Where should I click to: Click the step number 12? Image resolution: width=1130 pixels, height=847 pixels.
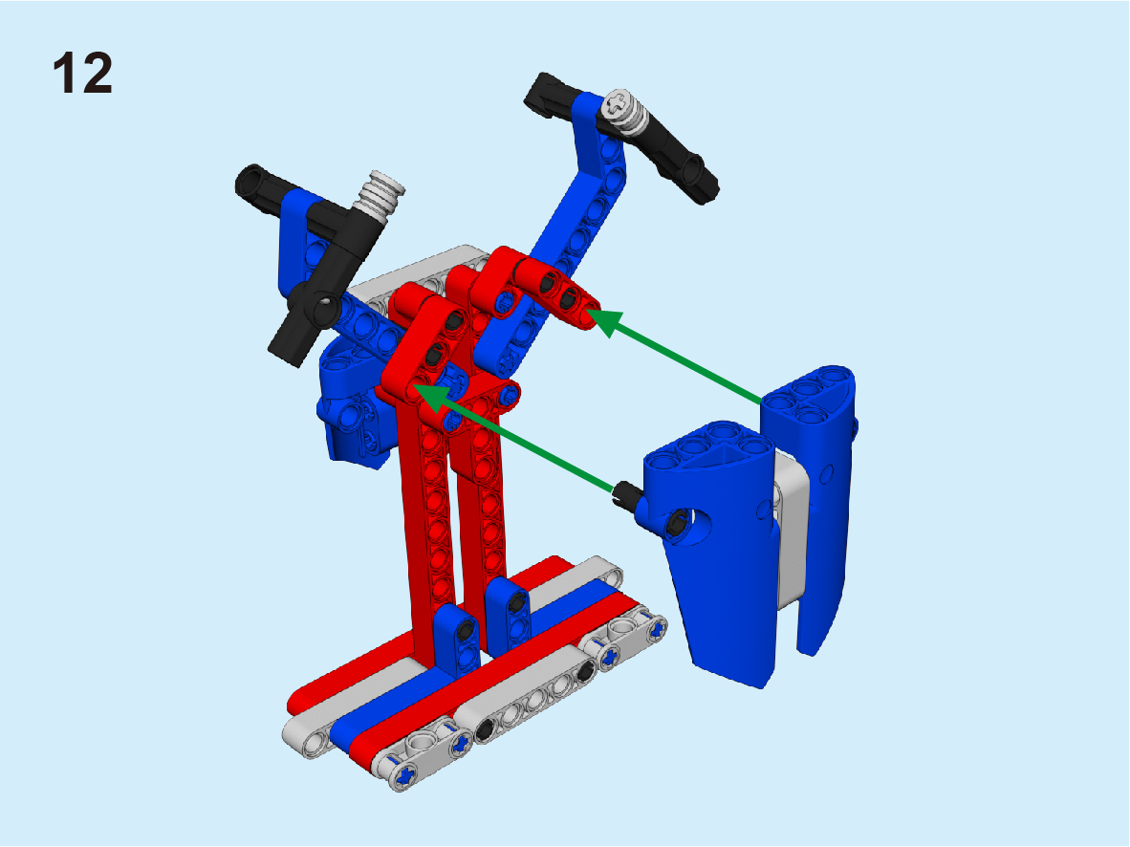point(83,73)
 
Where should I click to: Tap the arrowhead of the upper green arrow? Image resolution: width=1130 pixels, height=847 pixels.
point(604,321)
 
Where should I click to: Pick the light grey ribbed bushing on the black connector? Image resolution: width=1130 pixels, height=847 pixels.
point(381,193)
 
